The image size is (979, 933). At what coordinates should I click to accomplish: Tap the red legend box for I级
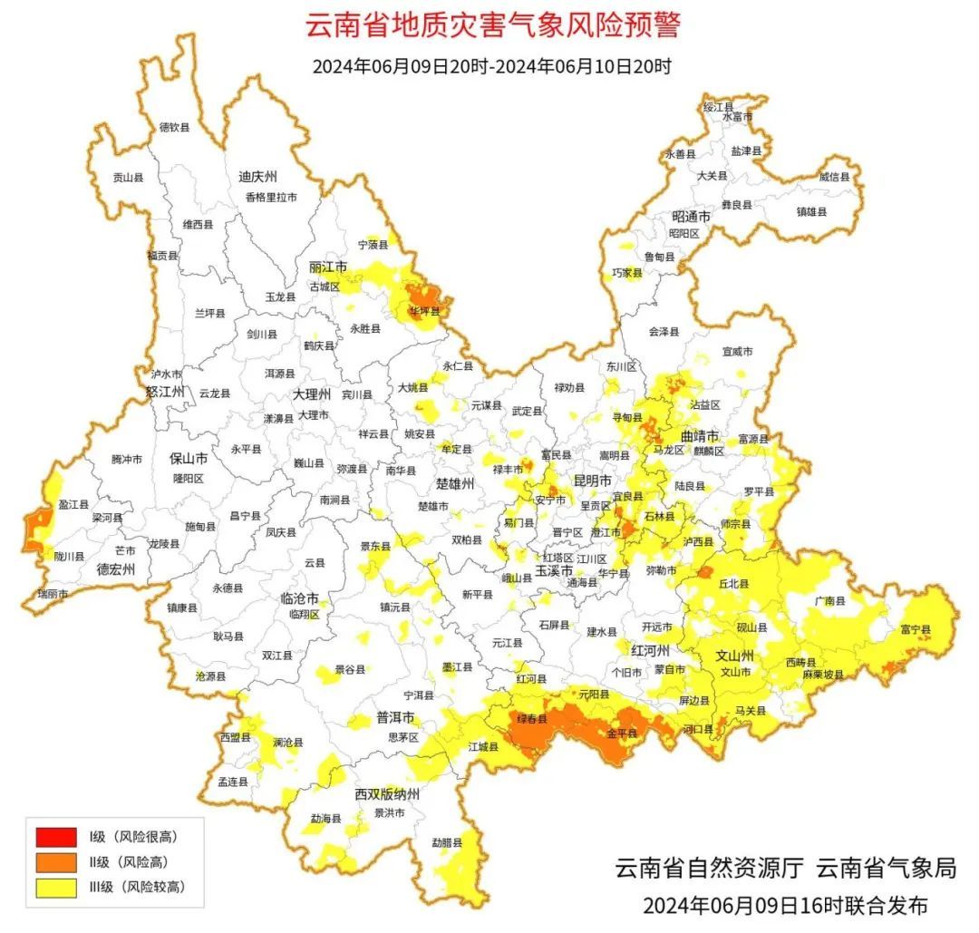coord(55,837)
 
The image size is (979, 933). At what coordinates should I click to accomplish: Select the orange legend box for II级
coord(55,862)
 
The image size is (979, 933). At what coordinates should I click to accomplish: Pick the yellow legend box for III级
coord(55,888)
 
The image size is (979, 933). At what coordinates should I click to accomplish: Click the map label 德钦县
coord(174,128)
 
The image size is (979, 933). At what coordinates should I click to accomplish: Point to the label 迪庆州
coord(257,176)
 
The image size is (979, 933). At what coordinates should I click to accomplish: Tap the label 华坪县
coord(424,311)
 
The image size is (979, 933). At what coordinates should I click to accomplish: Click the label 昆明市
coord(592,480)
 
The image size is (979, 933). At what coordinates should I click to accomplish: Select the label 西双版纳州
coord(387,794)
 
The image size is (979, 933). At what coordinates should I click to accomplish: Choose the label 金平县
coord(622,733)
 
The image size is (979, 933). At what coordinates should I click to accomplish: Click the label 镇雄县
coord(811,211)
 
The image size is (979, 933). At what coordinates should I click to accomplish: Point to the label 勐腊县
coord(446,842)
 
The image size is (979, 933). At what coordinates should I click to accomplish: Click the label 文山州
coord(735,655)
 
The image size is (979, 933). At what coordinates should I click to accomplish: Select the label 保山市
coord(189,459)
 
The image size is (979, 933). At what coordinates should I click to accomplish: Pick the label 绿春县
coord(532,719)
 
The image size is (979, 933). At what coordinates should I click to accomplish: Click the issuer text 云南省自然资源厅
coord(709,868)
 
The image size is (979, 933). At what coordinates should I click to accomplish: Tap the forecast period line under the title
coord(491,66)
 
